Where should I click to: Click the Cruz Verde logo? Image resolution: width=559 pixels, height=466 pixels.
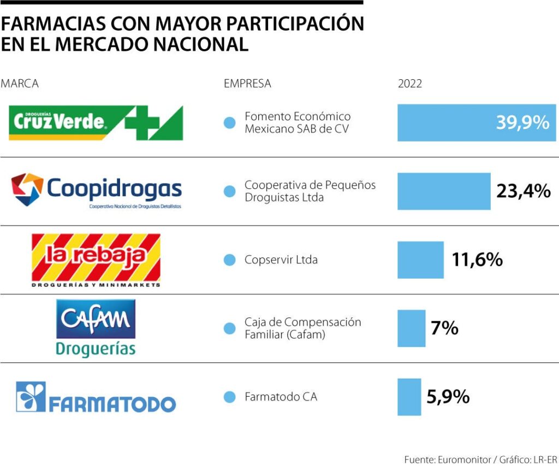(96, 123)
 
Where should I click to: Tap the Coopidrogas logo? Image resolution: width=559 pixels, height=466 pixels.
(97, 190)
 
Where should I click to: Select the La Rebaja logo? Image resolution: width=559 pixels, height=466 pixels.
(96, 259)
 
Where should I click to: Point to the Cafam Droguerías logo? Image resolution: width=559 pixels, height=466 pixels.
(96, 328)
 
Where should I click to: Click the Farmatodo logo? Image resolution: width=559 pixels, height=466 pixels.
(96, 397)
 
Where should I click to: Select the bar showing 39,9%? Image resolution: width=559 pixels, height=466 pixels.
(477, 123)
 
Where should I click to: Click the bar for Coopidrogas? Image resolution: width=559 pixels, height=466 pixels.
(443, 191)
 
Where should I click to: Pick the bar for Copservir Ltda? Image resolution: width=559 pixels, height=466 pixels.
(420, 260)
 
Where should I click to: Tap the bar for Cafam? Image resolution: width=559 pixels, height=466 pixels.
(411, 328)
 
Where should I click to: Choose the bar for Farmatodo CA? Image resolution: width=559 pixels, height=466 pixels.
(409, 397)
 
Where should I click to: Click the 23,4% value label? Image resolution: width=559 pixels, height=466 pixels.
(523, 191)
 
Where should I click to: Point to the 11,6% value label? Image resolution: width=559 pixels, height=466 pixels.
(477, 260)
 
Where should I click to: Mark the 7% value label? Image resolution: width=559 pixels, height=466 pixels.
(444, 328)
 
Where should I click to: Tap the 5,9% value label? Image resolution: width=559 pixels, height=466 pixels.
(448, 397)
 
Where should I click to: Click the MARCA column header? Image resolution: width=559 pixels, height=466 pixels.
(20, 84)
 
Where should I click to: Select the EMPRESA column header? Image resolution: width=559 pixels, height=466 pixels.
(247, 84)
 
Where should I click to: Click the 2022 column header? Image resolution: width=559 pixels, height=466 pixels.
(409, 84)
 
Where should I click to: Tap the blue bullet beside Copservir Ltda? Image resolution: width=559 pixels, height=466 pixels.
(229, 260)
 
